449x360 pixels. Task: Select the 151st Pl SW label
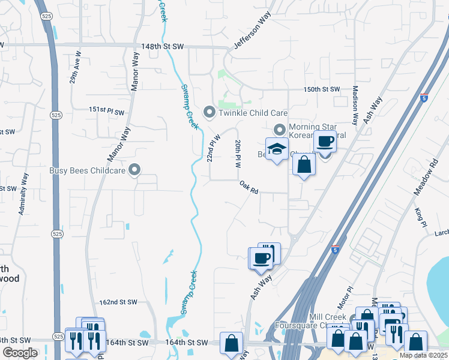point(106,111)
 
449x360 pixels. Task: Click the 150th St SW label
point(321,89)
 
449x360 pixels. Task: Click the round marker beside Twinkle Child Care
point(209,112)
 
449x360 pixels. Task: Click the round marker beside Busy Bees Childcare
point(134,170)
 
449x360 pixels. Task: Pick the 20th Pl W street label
point(239,154)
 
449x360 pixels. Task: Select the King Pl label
point(420,217)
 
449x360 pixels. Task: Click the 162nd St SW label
point(119,302)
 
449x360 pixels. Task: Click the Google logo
point(20,352)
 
